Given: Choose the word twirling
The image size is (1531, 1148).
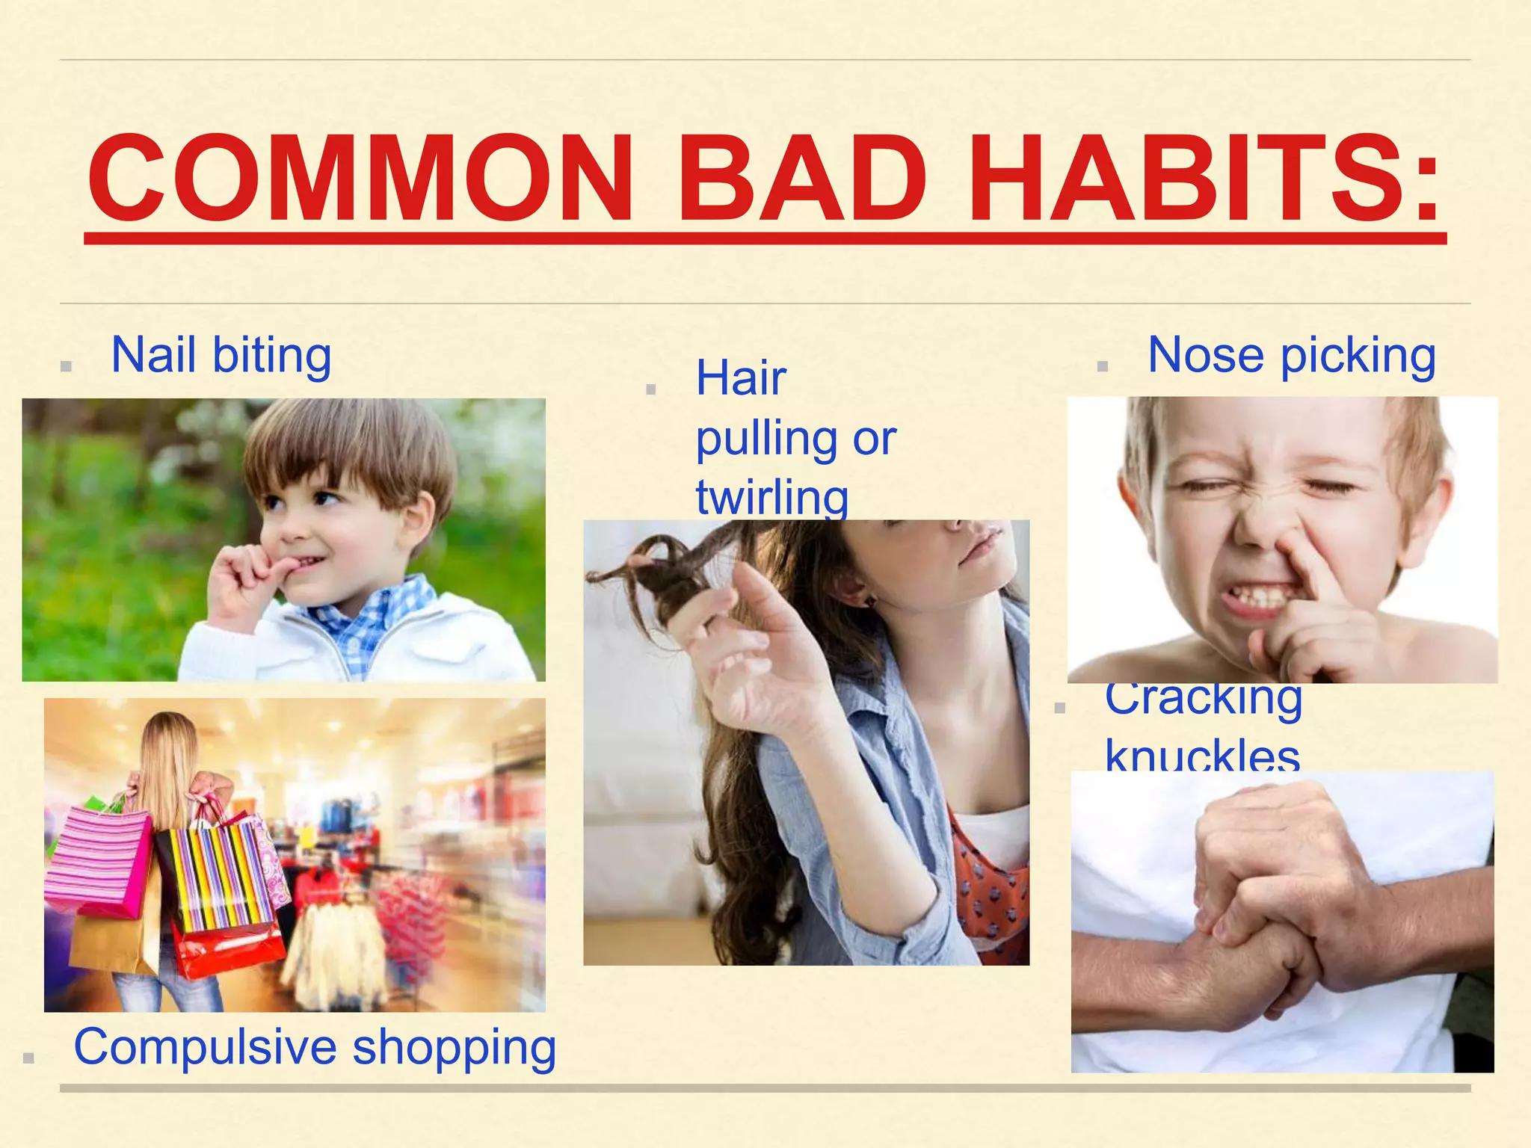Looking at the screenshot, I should coord(771,497).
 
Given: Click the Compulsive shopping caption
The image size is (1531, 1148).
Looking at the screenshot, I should coord(315,1046).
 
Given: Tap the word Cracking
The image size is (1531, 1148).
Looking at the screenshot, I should coord(1204,700).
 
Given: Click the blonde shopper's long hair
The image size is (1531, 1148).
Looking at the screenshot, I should coord(168,770).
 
